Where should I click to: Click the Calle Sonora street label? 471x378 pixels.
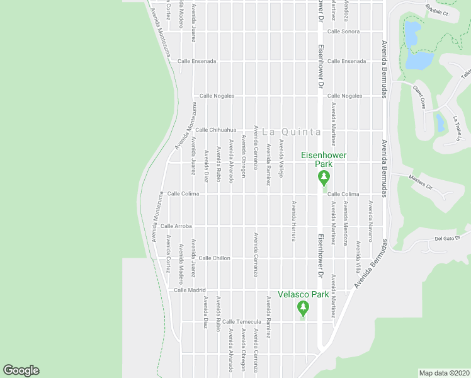[343, 31]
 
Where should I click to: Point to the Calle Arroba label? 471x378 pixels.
[176, 226]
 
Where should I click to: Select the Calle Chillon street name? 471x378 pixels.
[215, 258]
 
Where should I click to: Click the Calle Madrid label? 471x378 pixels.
[190, 290]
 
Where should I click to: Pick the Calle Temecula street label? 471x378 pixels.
[236, 322]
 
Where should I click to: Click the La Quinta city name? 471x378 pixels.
[291, 132]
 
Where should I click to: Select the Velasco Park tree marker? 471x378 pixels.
[303, 308]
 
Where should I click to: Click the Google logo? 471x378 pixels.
[21, 370]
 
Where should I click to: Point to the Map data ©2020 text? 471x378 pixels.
[444, 372]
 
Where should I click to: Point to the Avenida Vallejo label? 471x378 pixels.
[281, 158]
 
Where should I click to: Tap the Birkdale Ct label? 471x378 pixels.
[436, 11]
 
